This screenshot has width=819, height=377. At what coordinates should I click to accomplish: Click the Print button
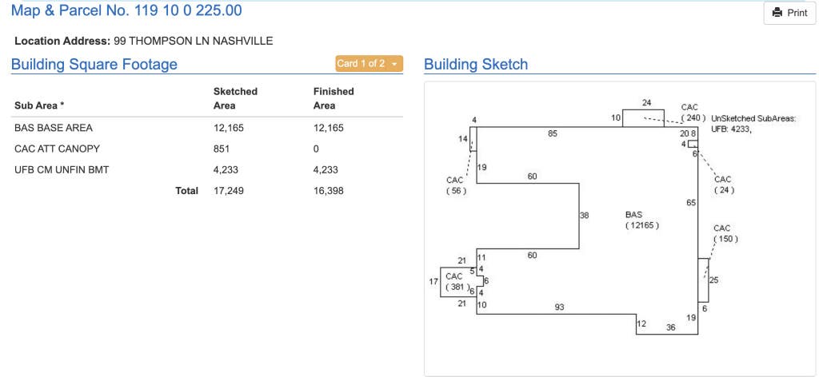click(x=789, y=13)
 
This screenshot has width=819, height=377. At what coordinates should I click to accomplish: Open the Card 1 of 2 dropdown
click(x=370, y=64)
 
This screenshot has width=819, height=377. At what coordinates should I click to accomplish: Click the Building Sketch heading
click(x=476, y=65)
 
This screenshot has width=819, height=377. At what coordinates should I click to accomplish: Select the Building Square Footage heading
click(x=94, y=65)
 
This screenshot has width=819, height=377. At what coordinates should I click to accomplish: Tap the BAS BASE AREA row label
click(x=54, y=128)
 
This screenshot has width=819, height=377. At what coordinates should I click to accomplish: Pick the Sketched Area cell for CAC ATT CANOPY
click(x=222, y=149)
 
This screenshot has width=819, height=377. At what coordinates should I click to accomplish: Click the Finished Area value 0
click(x=316, y=149)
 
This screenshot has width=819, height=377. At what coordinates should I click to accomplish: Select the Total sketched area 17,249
click(x=229, y=191)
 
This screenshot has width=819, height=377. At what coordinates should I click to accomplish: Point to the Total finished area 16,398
click(x=329, y=191)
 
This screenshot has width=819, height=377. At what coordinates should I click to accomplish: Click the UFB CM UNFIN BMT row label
click(x=62, y=170)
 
